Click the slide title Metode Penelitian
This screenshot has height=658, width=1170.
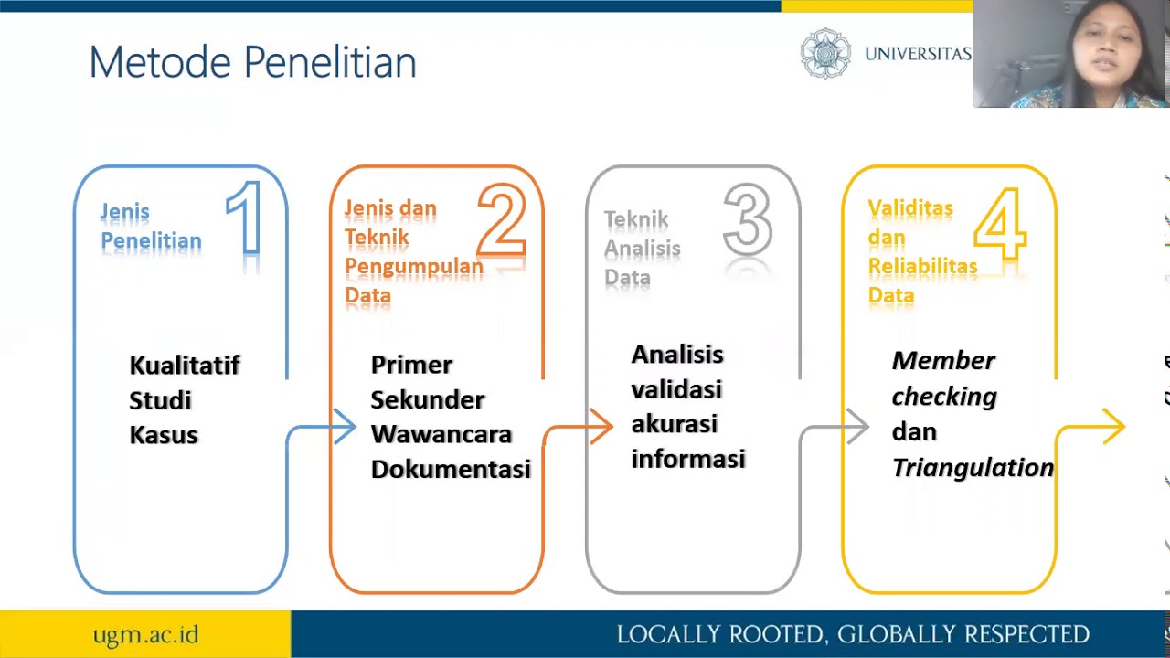(x=252, y=63)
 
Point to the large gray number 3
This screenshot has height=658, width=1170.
(x=748, y=219)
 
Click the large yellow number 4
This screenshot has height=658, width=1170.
(x=1000, y=221)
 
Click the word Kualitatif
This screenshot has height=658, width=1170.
(x=185, y=366)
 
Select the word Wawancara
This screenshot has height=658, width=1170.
(x=441, y=434)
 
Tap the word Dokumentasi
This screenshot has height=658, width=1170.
(x=451, y=469)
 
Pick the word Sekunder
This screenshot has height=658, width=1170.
(x=428, y=399)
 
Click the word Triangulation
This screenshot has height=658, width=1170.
(x=973, y=467)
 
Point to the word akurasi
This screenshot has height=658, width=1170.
(x=675, y=424)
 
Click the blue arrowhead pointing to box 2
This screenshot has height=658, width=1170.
(x=345, y=427)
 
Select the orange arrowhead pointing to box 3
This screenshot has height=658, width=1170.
(x=601, y=427)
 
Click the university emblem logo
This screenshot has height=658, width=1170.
(x=825, y=53)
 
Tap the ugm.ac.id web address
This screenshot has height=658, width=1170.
(x=145, y=634)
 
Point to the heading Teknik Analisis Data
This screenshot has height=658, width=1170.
(x=642, y=249)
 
